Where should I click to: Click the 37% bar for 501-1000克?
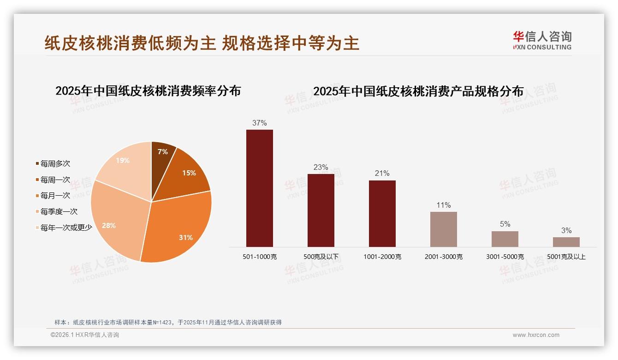(x=259, y=188)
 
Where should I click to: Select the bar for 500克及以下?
(x=321, y=210)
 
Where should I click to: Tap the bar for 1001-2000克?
(x=382, y=213)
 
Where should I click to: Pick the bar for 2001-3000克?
(x=443, y=229)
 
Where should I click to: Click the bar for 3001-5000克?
(x=505, y=239)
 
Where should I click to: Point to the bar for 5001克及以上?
(x=566, y=242)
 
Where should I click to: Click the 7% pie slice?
(x=162, y=155)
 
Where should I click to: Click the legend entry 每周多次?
(x=55, y=164)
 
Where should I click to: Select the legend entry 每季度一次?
(x=59, y=212)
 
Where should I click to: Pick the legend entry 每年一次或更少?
(x=66, y=228)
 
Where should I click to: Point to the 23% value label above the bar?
(x=321, y=167)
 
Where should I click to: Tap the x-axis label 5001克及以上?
(x=566, y=257)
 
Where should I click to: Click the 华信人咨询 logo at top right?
(x=542, y=40)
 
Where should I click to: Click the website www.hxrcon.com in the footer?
(x=536, y=335)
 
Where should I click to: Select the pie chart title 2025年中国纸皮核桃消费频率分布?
(x=148, y=91)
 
